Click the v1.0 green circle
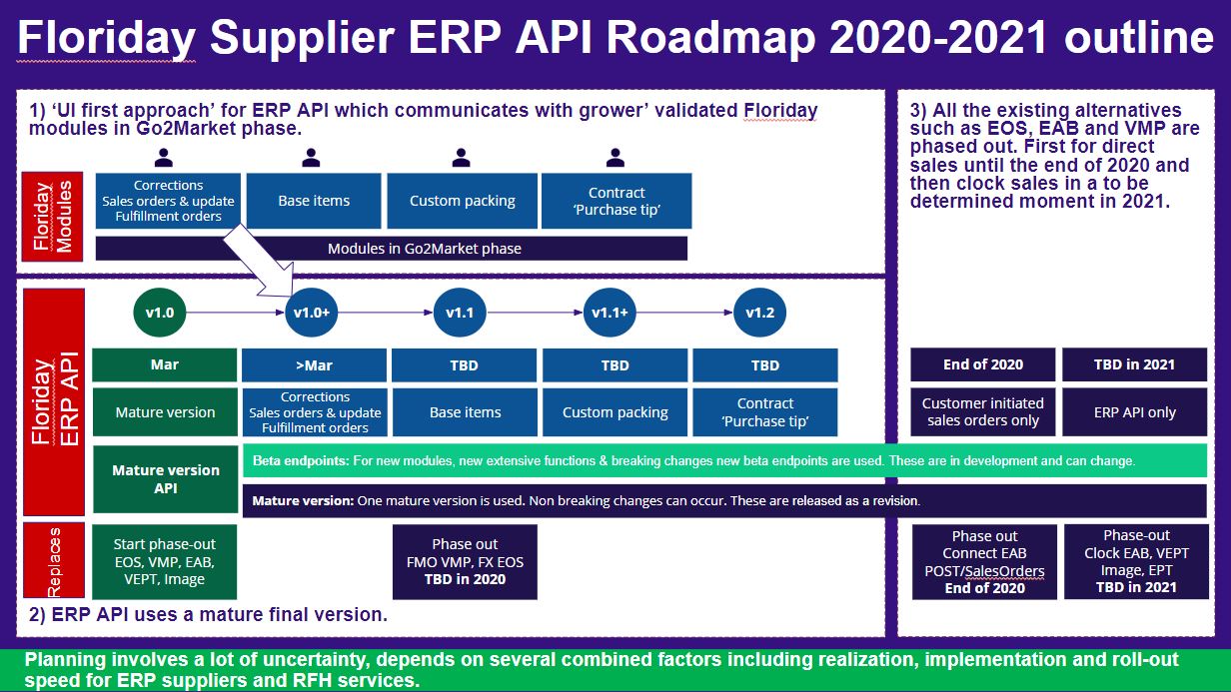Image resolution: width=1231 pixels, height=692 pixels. coord(160,313)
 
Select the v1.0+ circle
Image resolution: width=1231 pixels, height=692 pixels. coord(312,313)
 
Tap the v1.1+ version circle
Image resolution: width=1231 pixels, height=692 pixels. coord(610,313)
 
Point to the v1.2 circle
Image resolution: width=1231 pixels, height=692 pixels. coord(759,313)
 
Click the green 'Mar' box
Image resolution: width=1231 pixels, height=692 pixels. coord(165,364)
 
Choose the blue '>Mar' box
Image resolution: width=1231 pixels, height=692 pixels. coord(314,365)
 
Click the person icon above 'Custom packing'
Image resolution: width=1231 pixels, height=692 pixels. coord(461,157)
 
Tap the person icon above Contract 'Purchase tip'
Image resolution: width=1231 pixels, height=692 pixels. coord(615,157)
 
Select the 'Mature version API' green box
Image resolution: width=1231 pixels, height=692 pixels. coord(165,478)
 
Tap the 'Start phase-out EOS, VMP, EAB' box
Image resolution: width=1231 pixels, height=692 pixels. coord(165,562)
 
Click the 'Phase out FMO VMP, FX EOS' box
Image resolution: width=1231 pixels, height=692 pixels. coord(465,562)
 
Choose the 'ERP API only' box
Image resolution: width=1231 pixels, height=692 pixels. coord(1134,412)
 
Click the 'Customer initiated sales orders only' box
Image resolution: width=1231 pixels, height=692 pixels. coord(983,412)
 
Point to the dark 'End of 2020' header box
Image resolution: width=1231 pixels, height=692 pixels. coord(983,364)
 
